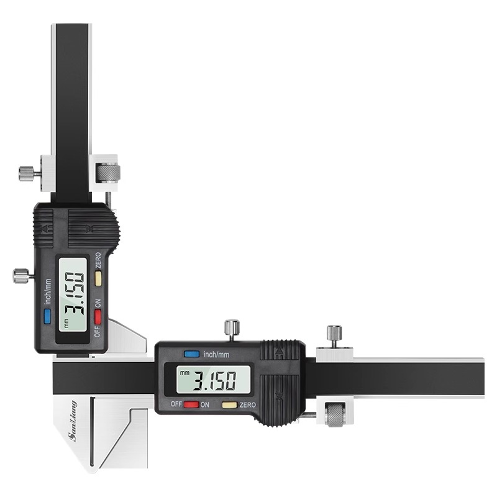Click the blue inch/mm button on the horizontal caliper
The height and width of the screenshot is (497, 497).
(191, 353)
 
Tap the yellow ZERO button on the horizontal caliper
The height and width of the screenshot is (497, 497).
(229, 404)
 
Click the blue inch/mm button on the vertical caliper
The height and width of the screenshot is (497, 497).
(48, 316)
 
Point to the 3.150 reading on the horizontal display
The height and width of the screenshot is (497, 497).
(215, 380)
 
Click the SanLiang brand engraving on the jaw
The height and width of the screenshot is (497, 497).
(73, 421)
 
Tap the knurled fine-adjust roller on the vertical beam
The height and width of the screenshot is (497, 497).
(108, 173)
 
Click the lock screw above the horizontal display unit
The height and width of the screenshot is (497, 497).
(232, 330)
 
